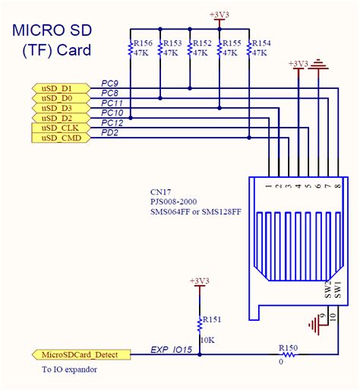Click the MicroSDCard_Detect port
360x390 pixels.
[x=80, y=355]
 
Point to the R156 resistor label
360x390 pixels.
[x=144, y=43]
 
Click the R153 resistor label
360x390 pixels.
[x=172, y=43]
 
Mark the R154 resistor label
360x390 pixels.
[x=261, y=43]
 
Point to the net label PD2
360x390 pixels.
[x=110, y=132]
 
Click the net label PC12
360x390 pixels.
[x=112, y=122]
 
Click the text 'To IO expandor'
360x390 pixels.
[x=70, y=369]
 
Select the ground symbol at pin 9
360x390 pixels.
[x=313, y=325]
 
